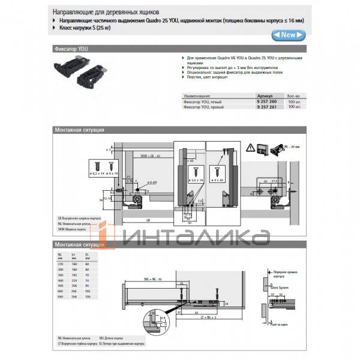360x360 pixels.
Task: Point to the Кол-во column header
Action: pos(294,96)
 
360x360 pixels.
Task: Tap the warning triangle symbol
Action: pos(250,148)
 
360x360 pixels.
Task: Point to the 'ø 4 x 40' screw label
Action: pos(227,179)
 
